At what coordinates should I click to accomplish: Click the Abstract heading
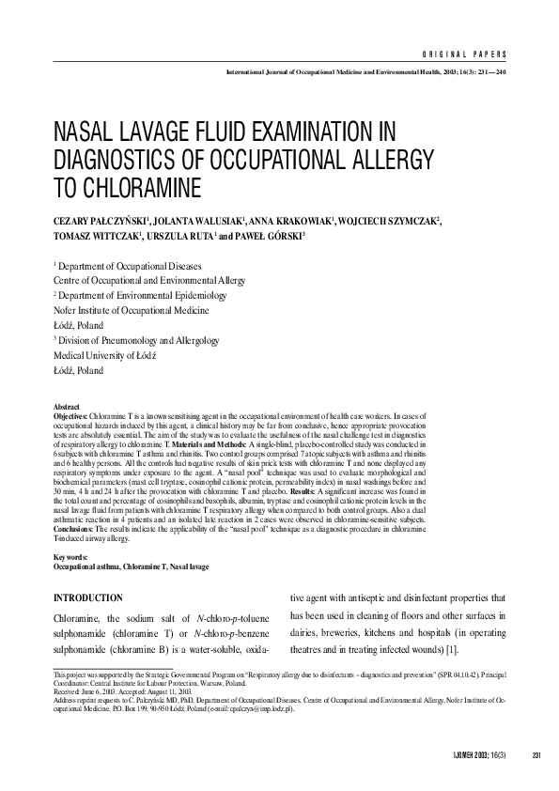click(x=69, y=407)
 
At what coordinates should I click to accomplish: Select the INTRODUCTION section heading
click(x=88, y=597)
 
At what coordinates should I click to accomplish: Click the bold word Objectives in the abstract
click(x=70, y=414)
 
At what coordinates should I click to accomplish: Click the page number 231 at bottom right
click(x=536, y=756)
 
